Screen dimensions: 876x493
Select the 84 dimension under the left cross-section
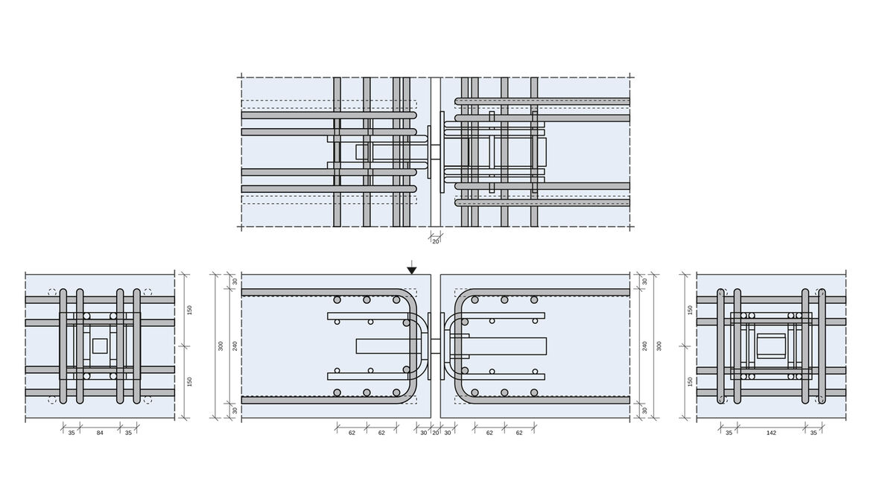[x=100, y=433]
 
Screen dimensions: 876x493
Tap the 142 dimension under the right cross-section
[x=771, y=433]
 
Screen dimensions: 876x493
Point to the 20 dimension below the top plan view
[x=436, y=241]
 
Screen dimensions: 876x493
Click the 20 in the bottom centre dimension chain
[x=436, y=433]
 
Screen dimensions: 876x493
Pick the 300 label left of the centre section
[x=220, y=346]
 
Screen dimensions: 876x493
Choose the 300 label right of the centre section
[x=659, y=346]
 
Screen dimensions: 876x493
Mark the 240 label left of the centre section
[x=235, y=346]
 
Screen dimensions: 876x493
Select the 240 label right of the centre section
[x=645, y=346]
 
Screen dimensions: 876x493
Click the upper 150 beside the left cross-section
[x=189, y=310]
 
